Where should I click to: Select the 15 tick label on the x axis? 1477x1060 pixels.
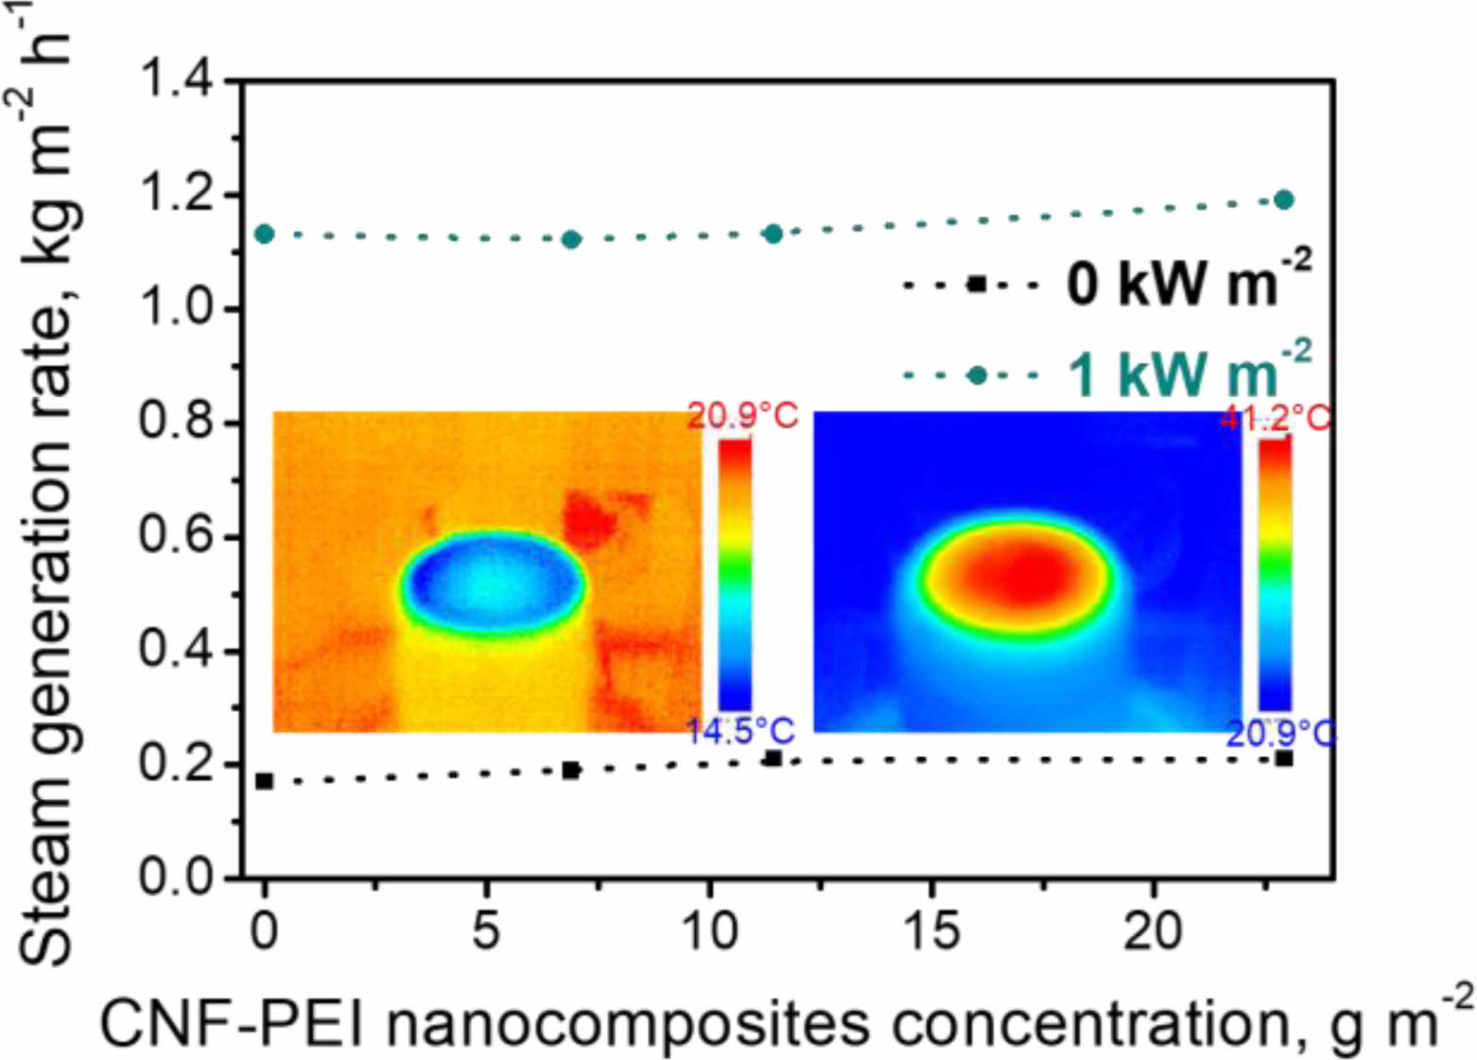tap(931, 930)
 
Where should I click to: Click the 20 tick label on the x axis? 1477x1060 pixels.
tap(1153, 930)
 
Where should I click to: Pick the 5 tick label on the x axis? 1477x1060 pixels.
tap(486, 930)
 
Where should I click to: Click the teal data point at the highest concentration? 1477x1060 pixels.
tap(1283, 200)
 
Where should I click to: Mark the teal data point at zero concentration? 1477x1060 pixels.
tap(265, 234)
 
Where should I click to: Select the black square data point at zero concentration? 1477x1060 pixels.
tap(265, 781)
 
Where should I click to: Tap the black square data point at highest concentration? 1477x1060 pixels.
tap(1283, 758)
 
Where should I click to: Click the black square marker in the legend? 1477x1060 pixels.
tap(977, 284)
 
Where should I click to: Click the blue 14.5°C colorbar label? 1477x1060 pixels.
tap(740, 732)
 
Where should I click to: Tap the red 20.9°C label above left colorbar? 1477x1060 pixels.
tap(742, 415)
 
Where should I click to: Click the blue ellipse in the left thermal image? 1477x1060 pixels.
tap(492, 579)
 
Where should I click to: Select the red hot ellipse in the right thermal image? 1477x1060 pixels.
tap(1017, 573)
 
